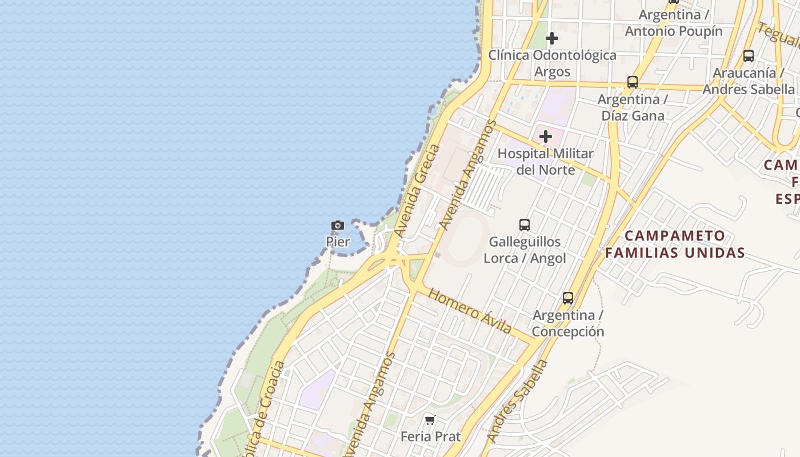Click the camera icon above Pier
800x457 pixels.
pos(338,226)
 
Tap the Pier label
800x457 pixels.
pos(338,242)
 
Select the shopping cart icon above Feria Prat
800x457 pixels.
pos(430,420)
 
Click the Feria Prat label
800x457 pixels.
pos(430,436)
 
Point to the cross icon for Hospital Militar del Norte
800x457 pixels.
pos(546,137)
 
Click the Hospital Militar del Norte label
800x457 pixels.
pos(546,161)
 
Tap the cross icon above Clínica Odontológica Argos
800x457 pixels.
pos(552,39)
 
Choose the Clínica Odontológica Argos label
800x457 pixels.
pos(552,63)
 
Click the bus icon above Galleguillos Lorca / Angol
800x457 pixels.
pos(525,225)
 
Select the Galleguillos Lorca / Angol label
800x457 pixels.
pos(525,250)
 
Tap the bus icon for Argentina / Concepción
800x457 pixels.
pos(568,298)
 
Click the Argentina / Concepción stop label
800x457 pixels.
pos(568,323)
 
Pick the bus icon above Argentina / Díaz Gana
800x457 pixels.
pos(633,82)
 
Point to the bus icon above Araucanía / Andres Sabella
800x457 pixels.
pos(749,56)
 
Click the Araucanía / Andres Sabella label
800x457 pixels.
pos(749,81)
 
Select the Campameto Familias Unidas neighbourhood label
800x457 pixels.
pos(675,244)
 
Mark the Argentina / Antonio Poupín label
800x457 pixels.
pos(674,23)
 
